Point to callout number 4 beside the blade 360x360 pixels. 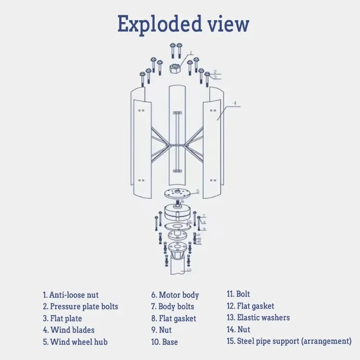click(235, 103)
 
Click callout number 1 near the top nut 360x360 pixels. click(190, 53)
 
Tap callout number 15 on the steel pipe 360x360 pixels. click(189, 270)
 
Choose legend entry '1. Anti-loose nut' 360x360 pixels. click(71, 295)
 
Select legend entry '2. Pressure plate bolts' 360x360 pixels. click(80, 306)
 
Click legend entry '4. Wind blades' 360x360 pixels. click(69, 330)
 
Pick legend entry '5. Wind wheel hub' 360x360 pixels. click(75, 342)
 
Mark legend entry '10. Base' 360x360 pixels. click(164, 342)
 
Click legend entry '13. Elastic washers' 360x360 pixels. click(258, 317)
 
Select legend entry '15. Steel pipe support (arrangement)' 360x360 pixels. click(289, 341)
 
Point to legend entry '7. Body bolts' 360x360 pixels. click(172, 306)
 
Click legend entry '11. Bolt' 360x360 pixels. click(238, 294)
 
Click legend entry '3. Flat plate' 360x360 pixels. click(62, 318)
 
